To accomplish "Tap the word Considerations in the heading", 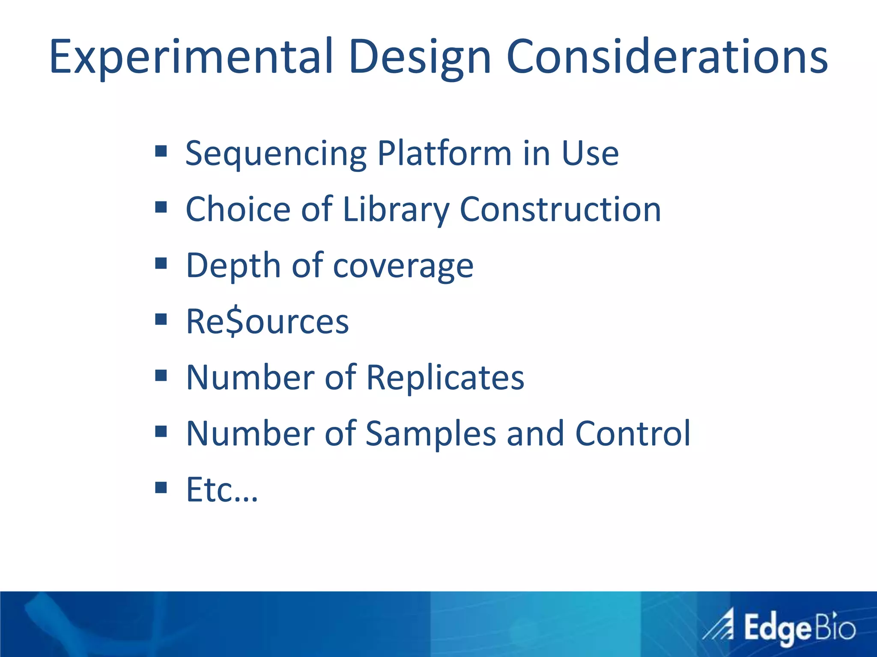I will [667, 57].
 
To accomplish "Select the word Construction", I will [560, 210].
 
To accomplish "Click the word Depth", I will [233, 266].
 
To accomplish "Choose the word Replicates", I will [445, 378].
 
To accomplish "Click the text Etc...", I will [222, 490].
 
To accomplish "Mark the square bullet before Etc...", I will [161, 487].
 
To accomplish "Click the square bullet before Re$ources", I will [161, 319].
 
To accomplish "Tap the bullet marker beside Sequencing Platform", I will [161, 151].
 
